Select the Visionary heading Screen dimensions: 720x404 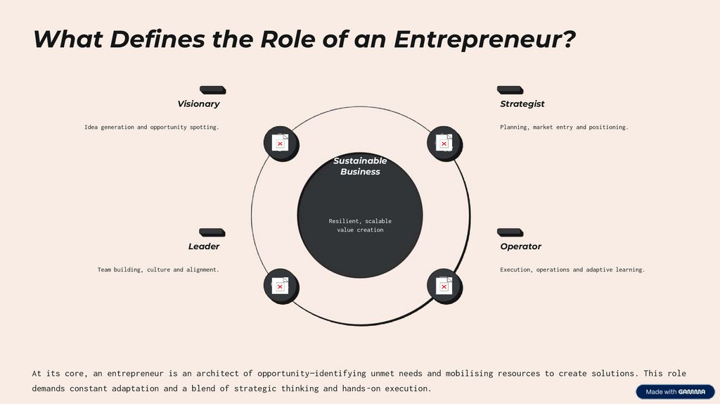(x=198, y=104)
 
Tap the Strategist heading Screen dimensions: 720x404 (x=522, y=104)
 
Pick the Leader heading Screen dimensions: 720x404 (x=204, y=246)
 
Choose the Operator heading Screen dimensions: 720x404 (x=521, y=246)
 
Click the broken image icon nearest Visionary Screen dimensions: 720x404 (x=280, y=143)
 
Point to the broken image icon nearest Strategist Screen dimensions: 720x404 (x=444, y=143)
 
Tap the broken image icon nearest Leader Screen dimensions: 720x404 (x=280, y=286)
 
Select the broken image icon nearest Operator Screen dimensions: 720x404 (x=444, y=286)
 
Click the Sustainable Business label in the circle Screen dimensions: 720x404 (x=360, y=166)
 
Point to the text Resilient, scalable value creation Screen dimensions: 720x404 (x=360, y=225)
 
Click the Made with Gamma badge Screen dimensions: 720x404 (x=675, y=392)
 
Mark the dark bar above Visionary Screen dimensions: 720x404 (x=212, y=90)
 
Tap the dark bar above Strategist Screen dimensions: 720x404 (x=510, y=90)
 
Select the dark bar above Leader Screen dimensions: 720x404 (x=212, y=232)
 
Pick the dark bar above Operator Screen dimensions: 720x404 (x=510, y=232)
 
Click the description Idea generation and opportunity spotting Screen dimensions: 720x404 (x=152, y=127)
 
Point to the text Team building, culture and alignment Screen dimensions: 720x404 (x=158, y=270)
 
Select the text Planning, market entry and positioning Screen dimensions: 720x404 (x=564, y=127)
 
